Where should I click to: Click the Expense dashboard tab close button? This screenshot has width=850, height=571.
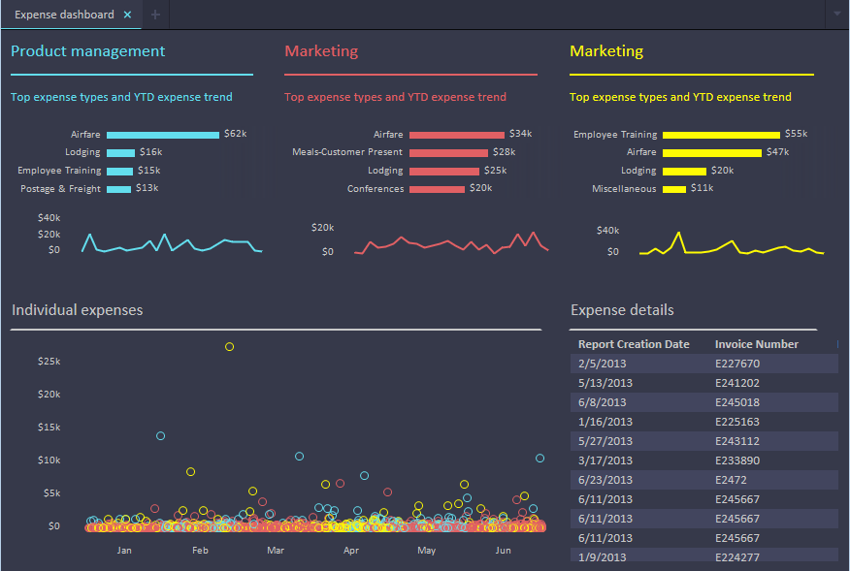127,15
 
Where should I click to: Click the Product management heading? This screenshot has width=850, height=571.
87,51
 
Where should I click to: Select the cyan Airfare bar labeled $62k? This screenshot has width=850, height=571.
162,135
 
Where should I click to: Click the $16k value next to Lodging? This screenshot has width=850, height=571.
150,152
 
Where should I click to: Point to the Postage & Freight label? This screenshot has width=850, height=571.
60,189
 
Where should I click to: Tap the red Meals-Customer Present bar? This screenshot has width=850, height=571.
447,152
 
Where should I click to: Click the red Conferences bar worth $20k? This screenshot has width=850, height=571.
436,189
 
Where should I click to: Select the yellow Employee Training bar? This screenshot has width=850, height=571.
721,135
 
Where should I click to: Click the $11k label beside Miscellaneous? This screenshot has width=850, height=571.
703,189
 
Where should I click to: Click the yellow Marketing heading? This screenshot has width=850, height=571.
606,51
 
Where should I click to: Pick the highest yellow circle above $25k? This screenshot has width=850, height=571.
230,346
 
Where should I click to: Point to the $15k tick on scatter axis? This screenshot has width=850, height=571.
49,427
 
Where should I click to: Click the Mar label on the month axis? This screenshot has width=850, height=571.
276,550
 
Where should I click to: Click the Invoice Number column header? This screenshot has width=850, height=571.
757,344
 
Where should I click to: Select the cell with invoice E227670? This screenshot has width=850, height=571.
737,364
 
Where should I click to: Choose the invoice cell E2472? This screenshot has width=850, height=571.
731,480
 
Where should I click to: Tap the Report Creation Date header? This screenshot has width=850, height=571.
634,344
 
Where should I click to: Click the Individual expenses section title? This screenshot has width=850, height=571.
78,310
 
